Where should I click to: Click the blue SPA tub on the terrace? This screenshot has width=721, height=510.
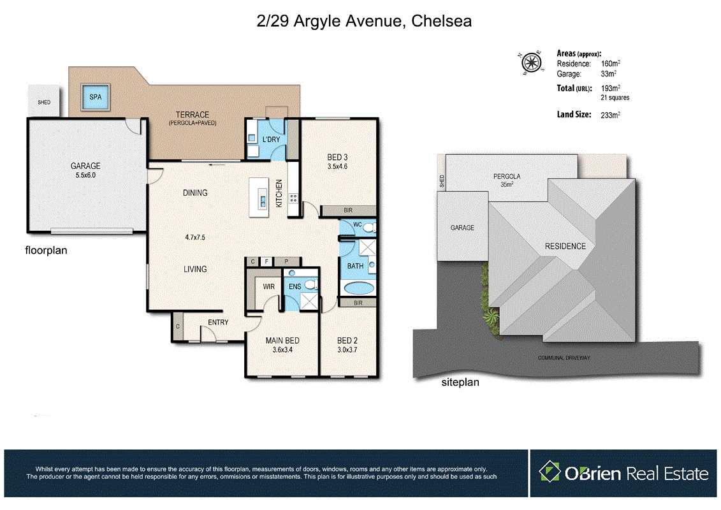point(95,97)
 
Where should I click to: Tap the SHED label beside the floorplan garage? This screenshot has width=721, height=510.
point(44,102)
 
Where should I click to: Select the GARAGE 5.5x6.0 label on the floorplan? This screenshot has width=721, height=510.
point(85,170)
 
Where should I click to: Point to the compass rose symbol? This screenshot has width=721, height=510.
point(532,62)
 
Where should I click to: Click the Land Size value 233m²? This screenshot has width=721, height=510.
point(610,115)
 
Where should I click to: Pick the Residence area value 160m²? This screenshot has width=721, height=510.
point(610,64)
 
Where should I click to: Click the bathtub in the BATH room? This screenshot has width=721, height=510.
point(359,288)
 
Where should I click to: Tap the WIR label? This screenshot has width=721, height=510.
point(268,286)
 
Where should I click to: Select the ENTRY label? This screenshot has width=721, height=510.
point(218,323)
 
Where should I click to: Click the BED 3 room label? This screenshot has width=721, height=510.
point(337,157)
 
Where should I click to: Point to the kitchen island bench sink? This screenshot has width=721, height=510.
point(263,201)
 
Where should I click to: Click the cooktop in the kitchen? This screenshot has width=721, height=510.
point(293,199)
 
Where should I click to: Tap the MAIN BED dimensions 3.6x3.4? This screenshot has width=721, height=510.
point(282,350)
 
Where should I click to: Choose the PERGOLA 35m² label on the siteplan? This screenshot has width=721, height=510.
point(507,180)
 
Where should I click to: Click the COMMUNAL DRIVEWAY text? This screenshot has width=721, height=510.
point(564,358)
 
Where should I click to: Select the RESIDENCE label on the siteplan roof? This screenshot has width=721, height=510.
point(565,247)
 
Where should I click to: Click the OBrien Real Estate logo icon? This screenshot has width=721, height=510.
point(550,471)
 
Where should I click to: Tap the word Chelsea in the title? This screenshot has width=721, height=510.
point(441,21)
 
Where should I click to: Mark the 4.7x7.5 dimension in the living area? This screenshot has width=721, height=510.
point(195,237)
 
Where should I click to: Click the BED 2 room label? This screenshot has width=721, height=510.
point(347,341)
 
